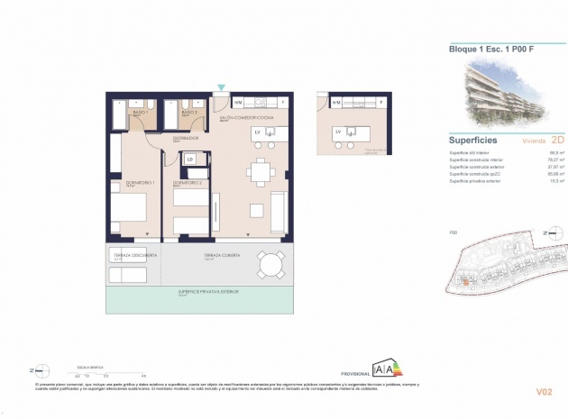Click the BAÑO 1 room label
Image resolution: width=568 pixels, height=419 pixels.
140,113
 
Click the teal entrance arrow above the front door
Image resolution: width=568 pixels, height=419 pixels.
223,87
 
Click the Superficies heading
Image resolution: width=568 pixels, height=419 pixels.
474,141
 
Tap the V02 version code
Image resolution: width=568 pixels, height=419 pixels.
544,391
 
